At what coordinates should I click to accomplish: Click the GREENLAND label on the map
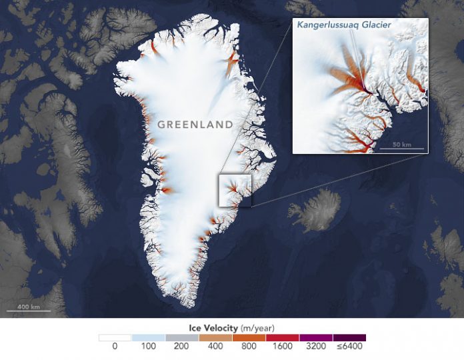pos(195,125)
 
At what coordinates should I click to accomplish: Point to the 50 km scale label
pos(401,145)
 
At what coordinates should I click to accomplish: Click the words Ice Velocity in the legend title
pos(209,327)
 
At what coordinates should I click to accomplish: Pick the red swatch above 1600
pos(282,337)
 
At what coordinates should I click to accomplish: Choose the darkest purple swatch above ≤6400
pos(349,337)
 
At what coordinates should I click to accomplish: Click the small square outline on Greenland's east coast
pos(235,190)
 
